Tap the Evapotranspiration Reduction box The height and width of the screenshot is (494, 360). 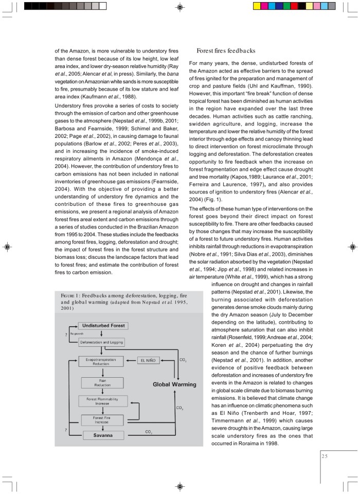pos(101,361)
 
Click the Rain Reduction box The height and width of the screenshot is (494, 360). pos(102,382)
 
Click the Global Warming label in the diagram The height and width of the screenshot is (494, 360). pos(175,384)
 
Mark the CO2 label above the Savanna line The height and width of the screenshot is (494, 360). pos(148,431)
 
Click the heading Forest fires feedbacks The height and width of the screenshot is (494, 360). pos(226,51)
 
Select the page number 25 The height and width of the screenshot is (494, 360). pos(325,455)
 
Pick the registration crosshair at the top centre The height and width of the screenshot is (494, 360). pos(179,7)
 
